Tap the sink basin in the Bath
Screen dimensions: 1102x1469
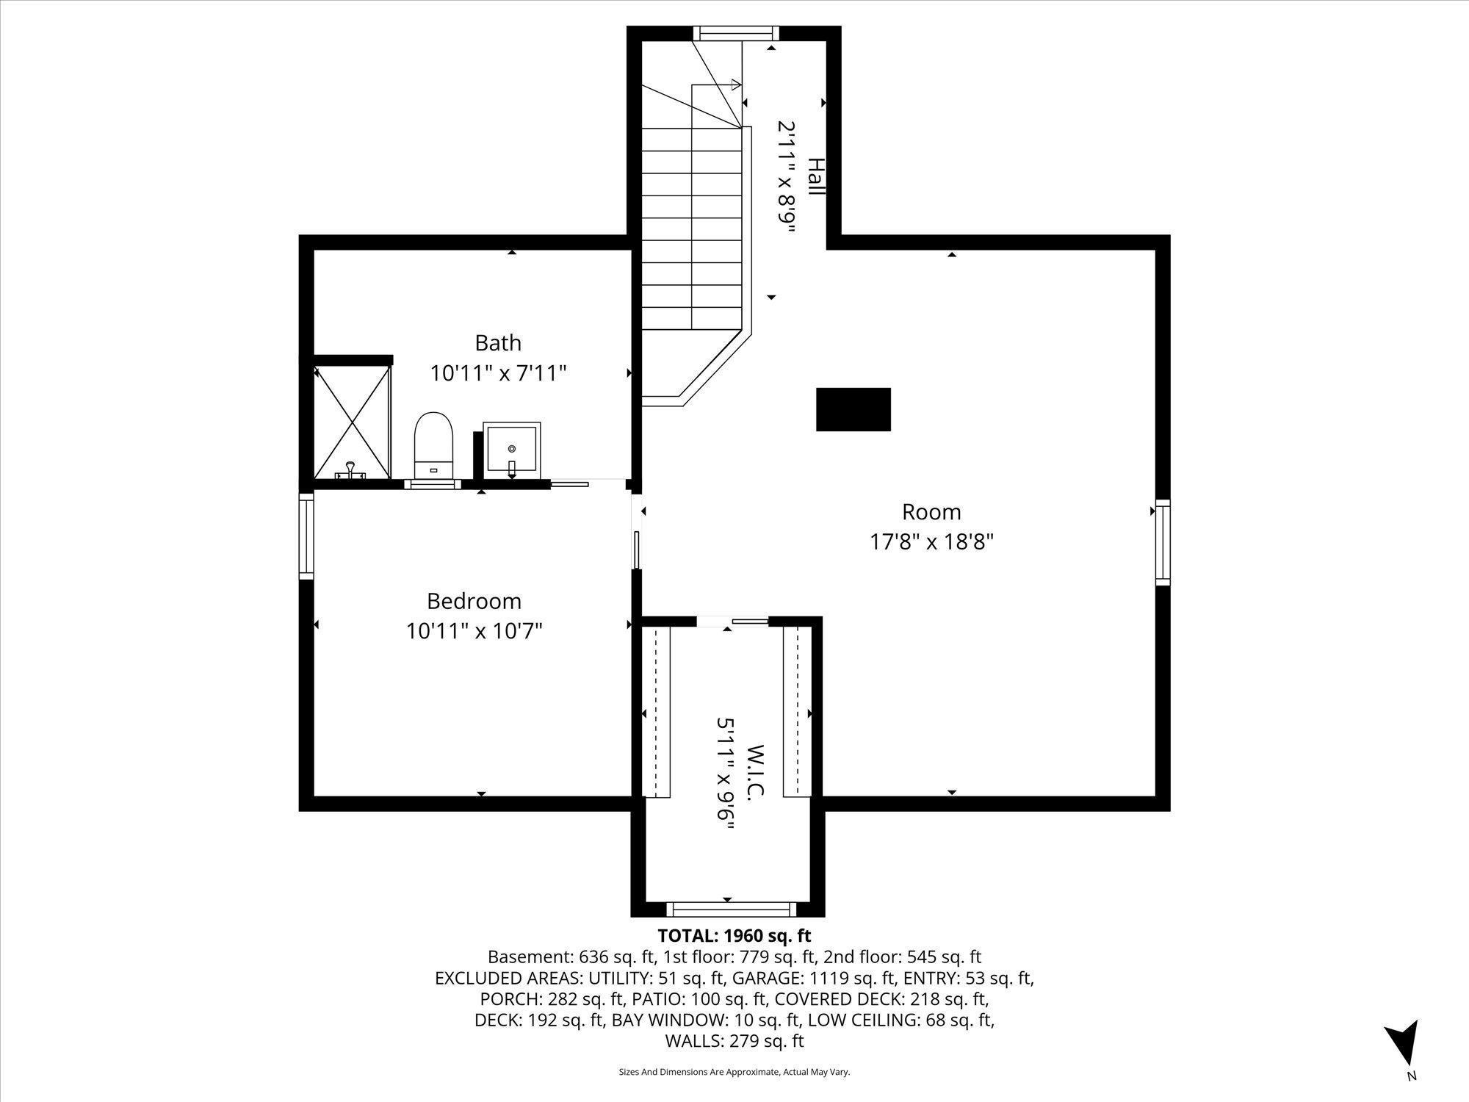512,447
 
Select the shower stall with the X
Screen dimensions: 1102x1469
353,422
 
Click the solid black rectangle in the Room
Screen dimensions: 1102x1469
853,409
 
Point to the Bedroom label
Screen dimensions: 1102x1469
474,601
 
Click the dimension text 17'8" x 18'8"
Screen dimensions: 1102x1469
931,542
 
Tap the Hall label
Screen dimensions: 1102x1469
815,176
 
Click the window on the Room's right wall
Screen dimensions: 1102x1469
1162,542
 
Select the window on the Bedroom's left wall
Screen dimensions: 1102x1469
306,536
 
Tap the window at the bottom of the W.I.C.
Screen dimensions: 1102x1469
732,910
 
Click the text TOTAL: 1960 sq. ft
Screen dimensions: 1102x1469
734,936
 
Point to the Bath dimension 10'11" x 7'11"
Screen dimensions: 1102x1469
498,373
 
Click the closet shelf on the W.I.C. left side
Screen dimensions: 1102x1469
656,711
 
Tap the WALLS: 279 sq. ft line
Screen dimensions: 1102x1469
734,1041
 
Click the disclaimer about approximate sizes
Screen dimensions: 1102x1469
734,1073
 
